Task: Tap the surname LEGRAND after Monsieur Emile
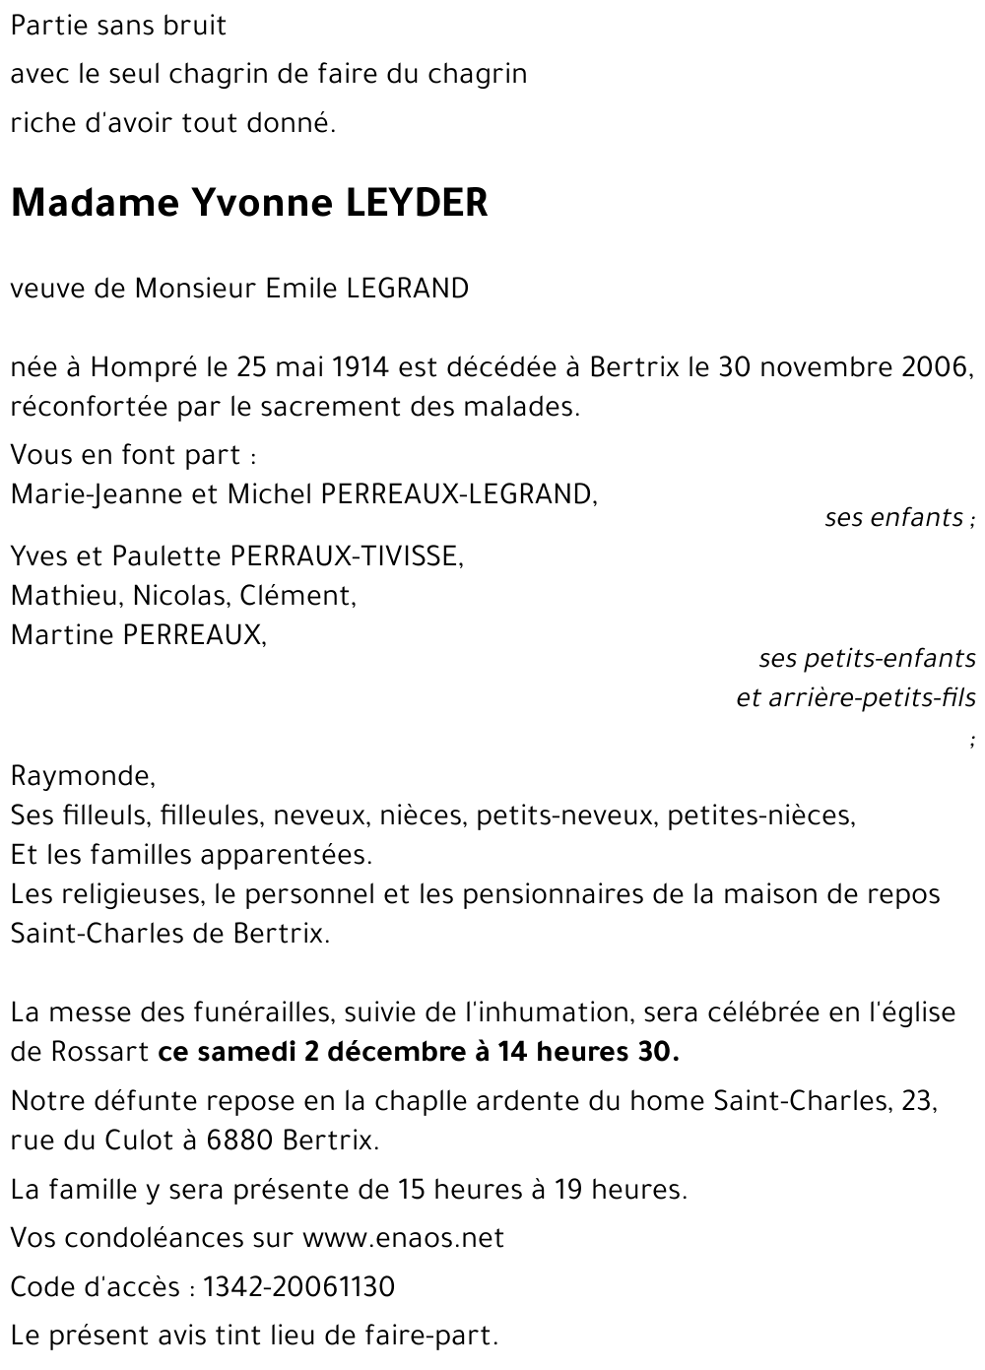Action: pos(407,289)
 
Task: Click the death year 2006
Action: pos(935,367)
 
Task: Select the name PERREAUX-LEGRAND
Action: pos(459,493)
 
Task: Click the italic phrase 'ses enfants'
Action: pos(893,517)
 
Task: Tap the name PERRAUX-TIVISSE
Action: pos(346,556)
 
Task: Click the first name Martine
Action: pos(61,635)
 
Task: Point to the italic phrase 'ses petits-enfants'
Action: pos(867,658)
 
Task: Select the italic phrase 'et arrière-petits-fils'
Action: pos(856,698)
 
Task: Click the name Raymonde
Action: pos(83,776)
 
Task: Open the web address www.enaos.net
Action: pos(403,1238)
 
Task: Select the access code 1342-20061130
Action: pos(298,1287)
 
